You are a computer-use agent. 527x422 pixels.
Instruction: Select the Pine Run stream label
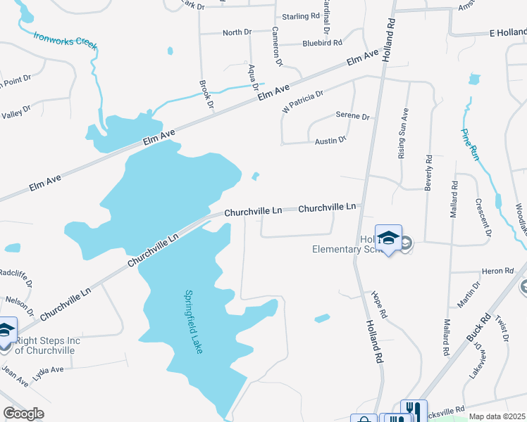(x=470, y=145)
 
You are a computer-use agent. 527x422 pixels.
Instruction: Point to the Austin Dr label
(x=330, y=141)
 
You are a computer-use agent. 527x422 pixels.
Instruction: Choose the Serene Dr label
(x=352, y=116)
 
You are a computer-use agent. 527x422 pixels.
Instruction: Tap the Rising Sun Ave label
(x=404, y=134)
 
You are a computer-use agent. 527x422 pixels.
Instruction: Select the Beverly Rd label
(x=428, y=173)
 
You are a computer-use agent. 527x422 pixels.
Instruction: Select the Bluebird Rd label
(x=322, y=43)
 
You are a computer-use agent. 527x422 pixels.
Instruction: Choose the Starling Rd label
(x=301, y=16)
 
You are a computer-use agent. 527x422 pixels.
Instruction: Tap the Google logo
(x=23, y=414)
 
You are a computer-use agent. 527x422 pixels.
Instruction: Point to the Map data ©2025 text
(x=497, y=416)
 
